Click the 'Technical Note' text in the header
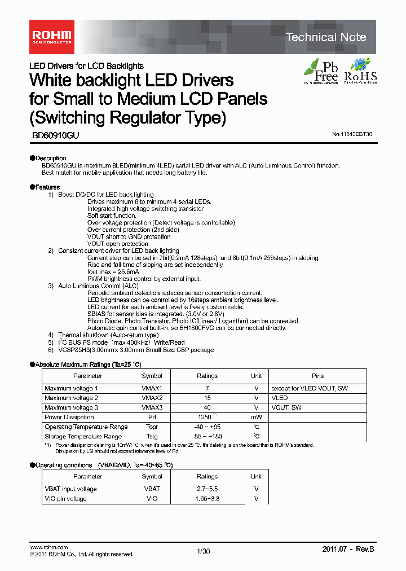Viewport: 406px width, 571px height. (326, 37)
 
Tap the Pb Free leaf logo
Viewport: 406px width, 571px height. (321, 71)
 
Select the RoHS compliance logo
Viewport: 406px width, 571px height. (360, 71)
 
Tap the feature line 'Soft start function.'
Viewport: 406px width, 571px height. (112, 216)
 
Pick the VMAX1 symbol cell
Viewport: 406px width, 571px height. (152, 388)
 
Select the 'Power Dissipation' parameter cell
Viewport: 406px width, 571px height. (69, 417)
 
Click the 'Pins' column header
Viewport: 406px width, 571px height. (317, 376)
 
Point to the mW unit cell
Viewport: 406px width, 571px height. (256, 417)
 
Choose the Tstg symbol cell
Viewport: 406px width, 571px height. (152, 436)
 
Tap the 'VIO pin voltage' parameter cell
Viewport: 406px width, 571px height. (66, 498)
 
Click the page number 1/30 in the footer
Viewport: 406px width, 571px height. (203, 551)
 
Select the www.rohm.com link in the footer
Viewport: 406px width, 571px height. (48, 547)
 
